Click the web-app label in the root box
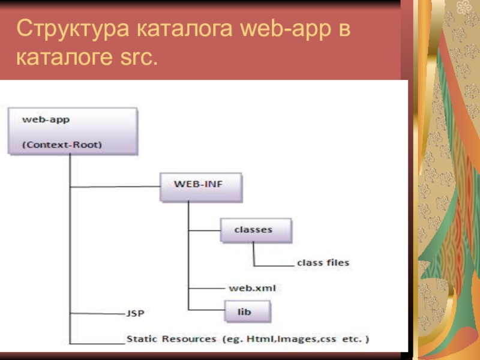(46, 119)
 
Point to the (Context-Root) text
(62, 145)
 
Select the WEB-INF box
(201, 187)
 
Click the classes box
(256, 230)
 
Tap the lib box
(248, 312)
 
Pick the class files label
(323, 263)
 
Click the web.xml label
(253, 289)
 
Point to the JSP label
(136, 313)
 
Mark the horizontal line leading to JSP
(97, 313)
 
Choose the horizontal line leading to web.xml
(207, 289)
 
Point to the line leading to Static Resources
(97, 343)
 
